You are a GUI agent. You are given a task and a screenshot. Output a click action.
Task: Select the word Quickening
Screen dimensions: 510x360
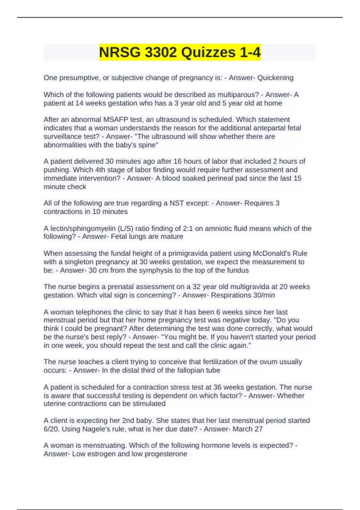tap(275, 78)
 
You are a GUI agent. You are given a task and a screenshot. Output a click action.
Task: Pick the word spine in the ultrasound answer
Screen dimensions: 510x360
tap(148, 145)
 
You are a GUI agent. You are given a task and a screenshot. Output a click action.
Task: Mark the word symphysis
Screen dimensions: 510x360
tap(157, 270)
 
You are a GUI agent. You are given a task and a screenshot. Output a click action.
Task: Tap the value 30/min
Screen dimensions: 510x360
tap(264, 295)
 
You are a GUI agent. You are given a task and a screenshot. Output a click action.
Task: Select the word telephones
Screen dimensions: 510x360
tap(91, 312)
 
